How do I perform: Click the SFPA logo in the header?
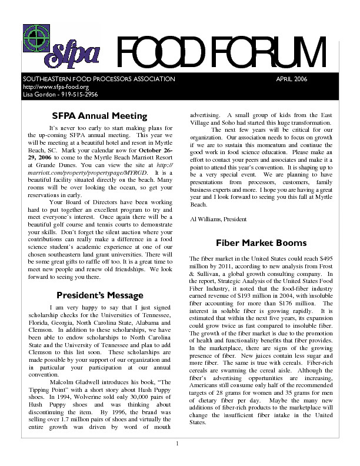coord(61,46)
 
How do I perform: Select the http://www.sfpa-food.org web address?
coord(47,86)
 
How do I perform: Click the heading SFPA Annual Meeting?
coord(99,116)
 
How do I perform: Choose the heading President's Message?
coord(99,295)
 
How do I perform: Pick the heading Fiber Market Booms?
coord(261,242)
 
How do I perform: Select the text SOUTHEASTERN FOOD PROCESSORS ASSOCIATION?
coord(99,79)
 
